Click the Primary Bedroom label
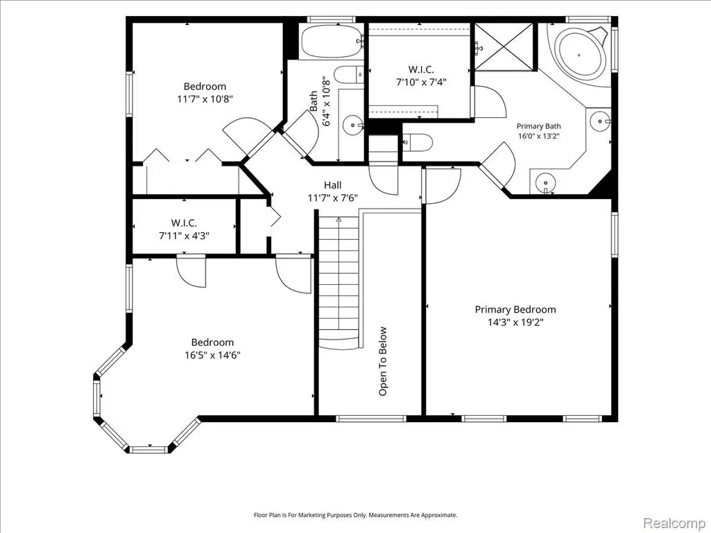[x=515, y=310]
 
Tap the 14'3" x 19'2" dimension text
[x=515, y=322]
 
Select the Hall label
[x=332, y=185]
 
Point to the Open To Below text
[x=383, y=361]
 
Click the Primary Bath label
[x=539, y=126]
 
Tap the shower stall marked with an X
[x=504, y=46]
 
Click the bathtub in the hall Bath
[x=332, y=41]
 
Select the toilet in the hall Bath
[x=349, y=75]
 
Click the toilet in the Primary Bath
[x=417, y=143]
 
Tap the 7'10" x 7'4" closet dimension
[x=421, y=82]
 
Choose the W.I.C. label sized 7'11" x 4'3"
[x=184, y=223]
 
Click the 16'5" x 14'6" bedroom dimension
[x=212, y=355]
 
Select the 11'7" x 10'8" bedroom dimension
[x=205, y=99]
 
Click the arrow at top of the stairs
[x=339, y=220]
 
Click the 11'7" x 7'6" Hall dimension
[x=333, y=198]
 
